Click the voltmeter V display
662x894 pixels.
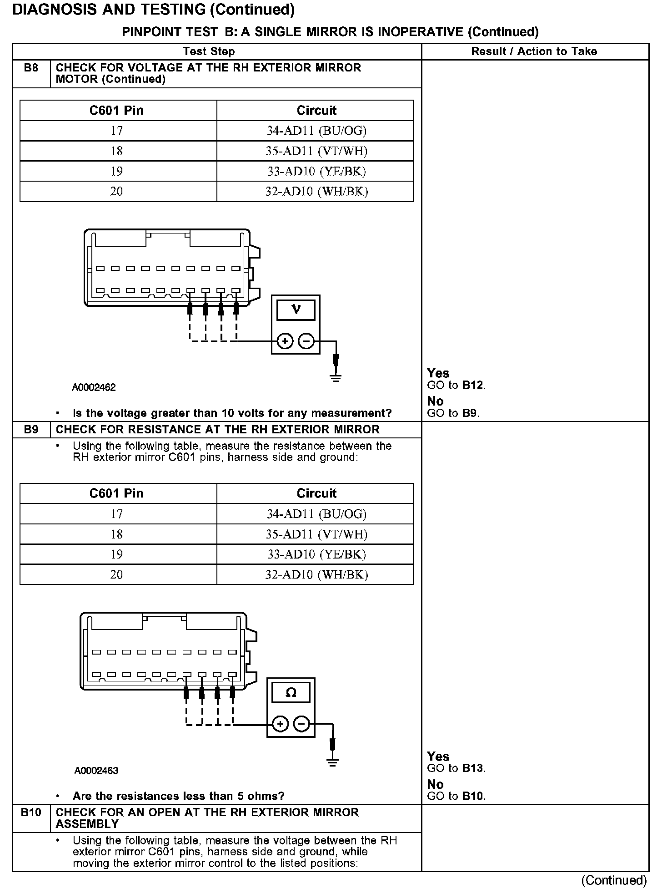(x=296, y=310)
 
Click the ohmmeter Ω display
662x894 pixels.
(x=291, y=693)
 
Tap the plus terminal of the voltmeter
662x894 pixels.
(x=285, y=341)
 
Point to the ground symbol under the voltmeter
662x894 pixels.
(x=336, y=377)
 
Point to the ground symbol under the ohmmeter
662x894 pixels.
(x=332, y=762)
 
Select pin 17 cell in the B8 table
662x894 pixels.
(x=117, y=131)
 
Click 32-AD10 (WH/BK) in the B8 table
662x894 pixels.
(x=316, y=191)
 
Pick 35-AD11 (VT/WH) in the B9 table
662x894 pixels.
(x=316, y=534)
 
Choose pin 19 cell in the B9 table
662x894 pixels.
(x=117, y=554)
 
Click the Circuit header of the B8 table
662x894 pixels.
(x=316, y=111)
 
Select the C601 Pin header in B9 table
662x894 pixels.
(x=117, y=493)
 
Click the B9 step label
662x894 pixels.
(x=31, y=430)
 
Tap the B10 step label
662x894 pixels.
(x=31, y=813)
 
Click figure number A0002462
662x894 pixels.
(x=94, y=387)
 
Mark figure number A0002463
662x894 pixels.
(x=96, y=771)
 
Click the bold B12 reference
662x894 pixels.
(x=473, y=385)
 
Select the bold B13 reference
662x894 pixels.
(x=473, y=768)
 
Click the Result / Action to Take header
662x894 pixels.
(x=534, y=51)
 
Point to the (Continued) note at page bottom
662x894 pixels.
(x=614, y=880)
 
